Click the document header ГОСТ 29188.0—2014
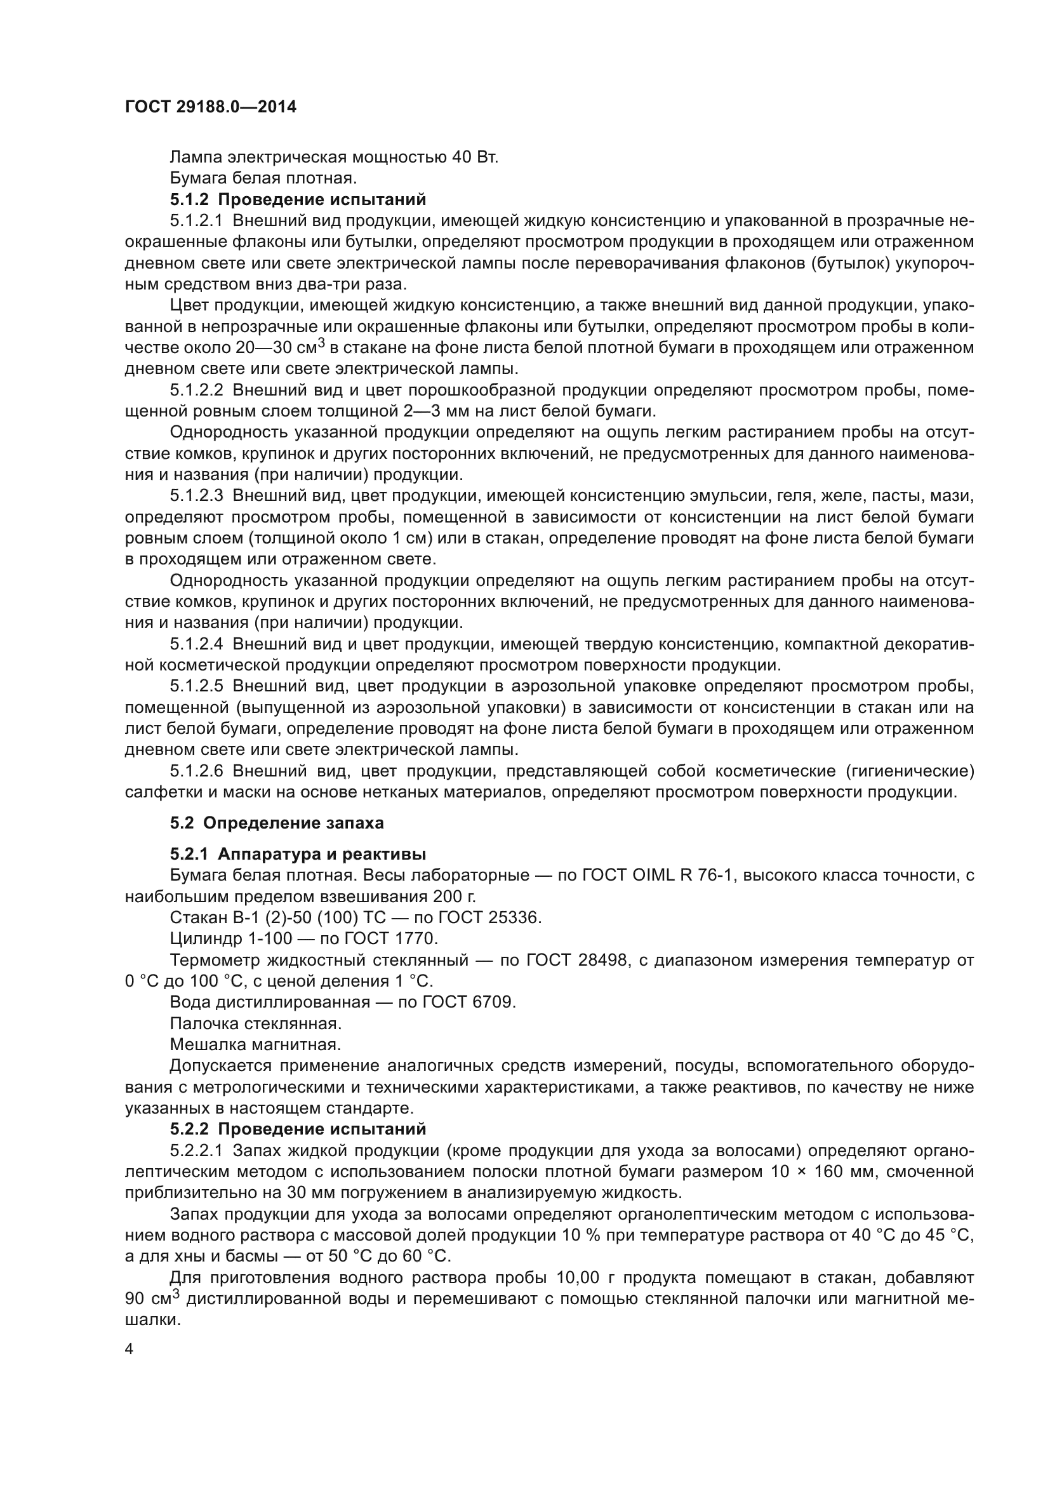tap(211, 107)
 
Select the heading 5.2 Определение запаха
tap(277, 823)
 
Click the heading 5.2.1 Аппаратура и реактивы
tap(298, 855)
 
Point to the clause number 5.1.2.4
tap(197, 644)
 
